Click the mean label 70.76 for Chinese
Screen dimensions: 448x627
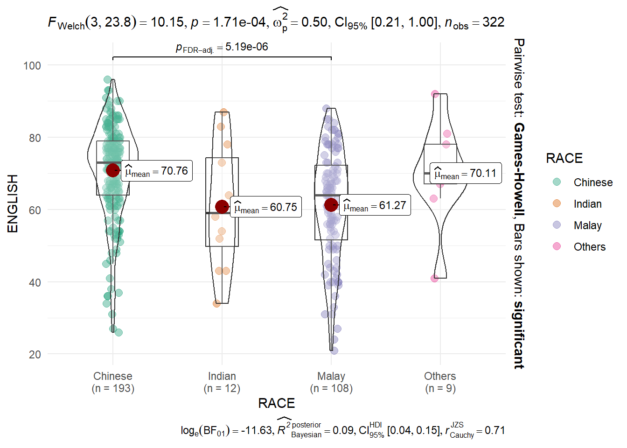(x=157, y=171)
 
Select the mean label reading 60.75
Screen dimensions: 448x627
(x=266, y=207)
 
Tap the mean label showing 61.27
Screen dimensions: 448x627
(x=375, y=205)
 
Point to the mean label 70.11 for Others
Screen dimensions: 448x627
(x=466, y=173)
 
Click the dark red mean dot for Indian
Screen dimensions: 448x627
(x=222, y=207)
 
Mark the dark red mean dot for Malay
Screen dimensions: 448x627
(x=331, y=204)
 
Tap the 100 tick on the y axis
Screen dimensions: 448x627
(x=32, y=66)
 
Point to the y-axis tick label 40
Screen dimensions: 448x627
(x=35, y=282)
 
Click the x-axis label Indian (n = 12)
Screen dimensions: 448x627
(x=222, y=382)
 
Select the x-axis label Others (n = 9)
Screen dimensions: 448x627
(x=440, y=382)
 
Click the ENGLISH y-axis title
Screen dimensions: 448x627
(x=13, y=203)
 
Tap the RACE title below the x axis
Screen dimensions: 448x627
(x=277, y=403)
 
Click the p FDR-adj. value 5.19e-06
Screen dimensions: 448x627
(x=222, y=47)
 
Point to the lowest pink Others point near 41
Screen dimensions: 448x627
(x=435, y=278)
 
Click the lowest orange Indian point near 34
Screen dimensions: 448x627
(x=217, y=303)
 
